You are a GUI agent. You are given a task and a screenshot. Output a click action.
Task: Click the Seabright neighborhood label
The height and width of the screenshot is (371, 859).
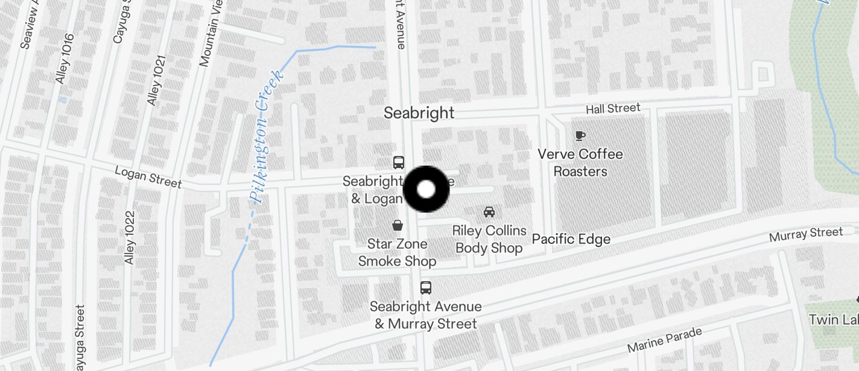[419, 113]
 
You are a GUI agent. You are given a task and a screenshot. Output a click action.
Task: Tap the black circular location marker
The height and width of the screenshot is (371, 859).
[426, 189]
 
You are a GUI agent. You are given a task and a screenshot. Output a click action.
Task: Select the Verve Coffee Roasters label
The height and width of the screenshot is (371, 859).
[580, 163]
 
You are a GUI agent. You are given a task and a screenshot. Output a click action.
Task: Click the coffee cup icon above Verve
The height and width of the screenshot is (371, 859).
[580, 136]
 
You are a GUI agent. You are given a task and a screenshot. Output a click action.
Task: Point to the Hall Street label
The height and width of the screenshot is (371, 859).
[613, 108]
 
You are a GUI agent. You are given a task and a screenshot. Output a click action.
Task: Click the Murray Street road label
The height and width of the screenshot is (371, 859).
[806, 234]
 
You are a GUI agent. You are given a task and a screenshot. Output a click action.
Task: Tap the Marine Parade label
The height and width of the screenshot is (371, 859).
[665, 340]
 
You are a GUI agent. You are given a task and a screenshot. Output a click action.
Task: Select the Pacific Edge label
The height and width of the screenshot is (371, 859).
[571, 239]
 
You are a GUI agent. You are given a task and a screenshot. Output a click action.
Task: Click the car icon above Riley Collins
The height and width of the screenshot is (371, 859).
[489, 212]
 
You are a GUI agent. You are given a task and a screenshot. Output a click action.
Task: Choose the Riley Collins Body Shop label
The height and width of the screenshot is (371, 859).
[489, 239]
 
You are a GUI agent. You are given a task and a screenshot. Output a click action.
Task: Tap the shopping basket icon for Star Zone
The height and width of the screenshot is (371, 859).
[398, 225]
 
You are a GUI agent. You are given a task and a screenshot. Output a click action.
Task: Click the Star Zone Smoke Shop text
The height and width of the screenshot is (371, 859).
[397, 252]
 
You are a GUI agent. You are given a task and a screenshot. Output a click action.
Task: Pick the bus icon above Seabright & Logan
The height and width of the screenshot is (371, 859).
[399, 162]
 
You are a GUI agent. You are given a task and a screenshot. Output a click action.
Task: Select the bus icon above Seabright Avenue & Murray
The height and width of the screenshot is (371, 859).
[426, 287]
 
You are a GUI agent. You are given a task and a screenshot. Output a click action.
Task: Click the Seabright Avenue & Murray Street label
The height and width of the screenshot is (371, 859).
[426, 315]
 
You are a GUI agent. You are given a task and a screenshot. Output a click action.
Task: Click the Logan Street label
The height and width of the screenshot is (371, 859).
[148, 177]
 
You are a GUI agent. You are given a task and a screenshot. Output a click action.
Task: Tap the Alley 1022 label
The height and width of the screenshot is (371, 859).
[130, 237]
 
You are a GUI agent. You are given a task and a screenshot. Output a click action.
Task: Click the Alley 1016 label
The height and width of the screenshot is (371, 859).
[64, 58]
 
